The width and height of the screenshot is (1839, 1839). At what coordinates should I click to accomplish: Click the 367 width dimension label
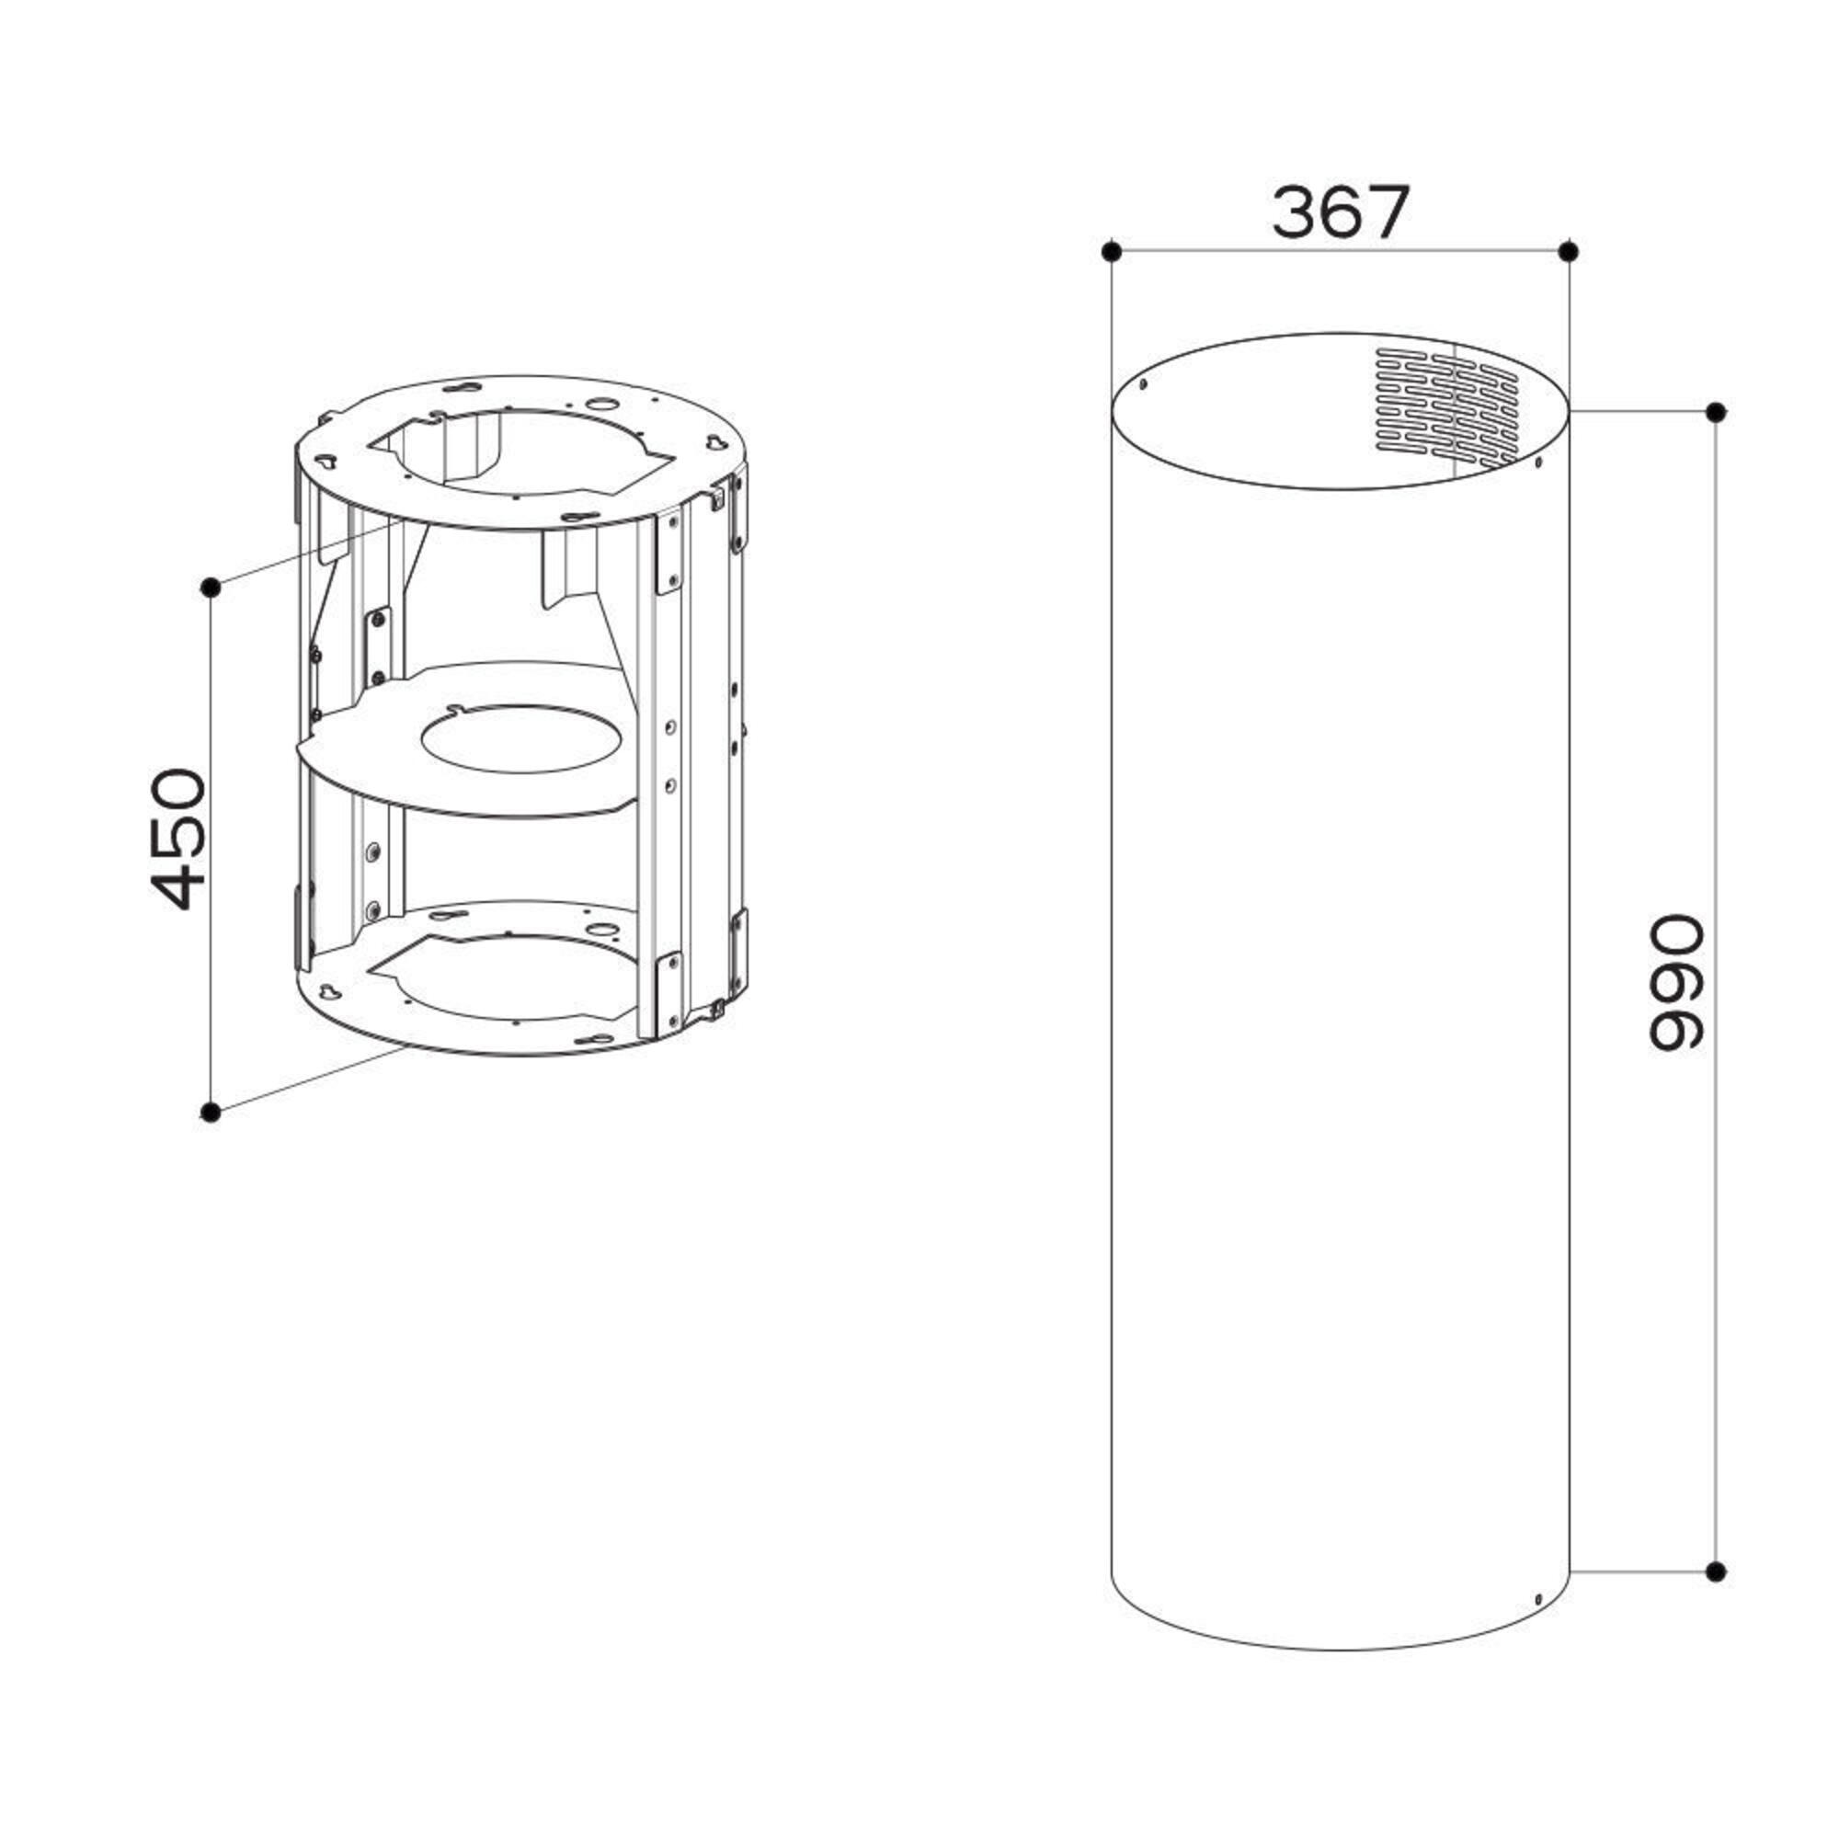1340,212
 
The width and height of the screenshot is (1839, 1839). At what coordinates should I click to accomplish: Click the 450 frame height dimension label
178,839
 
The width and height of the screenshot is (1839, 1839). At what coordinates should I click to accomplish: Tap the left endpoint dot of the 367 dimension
1110,251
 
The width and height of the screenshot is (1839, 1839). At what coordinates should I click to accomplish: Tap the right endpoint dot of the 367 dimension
1570,251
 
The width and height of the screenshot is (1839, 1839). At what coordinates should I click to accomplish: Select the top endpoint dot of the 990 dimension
1716,412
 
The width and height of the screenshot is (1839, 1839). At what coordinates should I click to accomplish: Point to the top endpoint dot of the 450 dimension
211,588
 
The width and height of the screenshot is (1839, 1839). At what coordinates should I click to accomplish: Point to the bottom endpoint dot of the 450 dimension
211,1112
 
